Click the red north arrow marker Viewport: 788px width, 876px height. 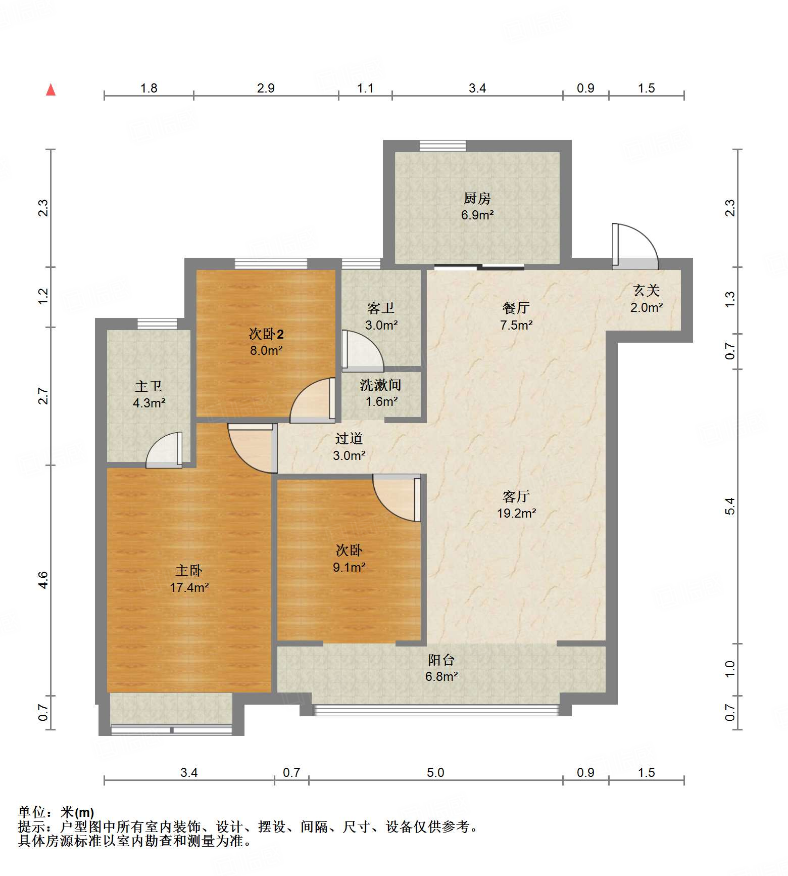click(51, 89)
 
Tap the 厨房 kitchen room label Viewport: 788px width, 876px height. click(477, 198)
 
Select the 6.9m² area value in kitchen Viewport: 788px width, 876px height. click(477, 215)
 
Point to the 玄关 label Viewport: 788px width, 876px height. click(646, 290)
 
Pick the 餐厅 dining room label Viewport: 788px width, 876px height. click(516, 307)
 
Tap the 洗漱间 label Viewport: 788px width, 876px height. click(380, 385)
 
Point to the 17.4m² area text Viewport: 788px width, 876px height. click(189, 587)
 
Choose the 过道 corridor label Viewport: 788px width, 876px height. click(349, 438)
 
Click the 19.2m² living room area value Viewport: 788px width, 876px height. click(516, 513)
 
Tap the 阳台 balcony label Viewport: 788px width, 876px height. click(441, 660)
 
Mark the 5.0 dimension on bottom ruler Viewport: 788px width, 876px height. click(435, 772)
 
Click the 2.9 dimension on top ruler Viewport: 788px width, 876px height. click(266, 88)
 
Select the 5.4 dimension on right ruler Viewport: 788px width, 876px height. click(729, 506)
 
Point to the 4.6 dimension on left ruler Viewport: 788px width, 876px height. click(43, 580)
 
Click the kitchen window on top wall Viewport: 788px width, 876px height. click(442, 146)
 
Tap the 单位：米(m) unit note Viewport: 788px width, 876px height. click(56, 812)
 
